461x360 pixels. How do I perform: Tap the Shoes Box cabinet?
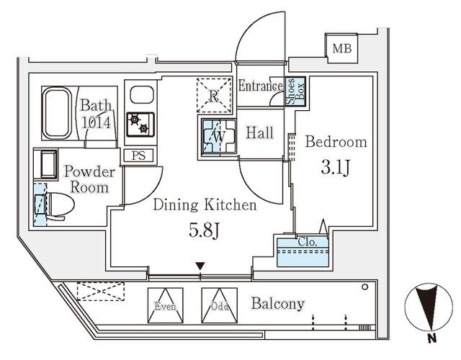click(295, 91)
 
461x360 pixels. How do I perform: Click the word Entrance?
click(260, 86)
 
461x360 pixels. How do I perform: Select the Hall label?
click(259, 132)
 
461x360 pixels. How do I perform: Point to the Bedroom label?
click(336, 142)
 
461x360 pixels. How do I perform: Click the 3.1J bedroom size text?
click(335, 170)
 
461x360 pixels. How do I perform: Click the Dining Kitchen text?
click(205, 206)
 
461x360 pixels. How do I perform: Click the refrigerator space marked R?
click(215, 95)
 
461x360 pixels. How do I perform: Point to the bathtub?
click(60, 114)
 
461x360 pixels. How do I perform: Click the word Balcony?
click(278, 303)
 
